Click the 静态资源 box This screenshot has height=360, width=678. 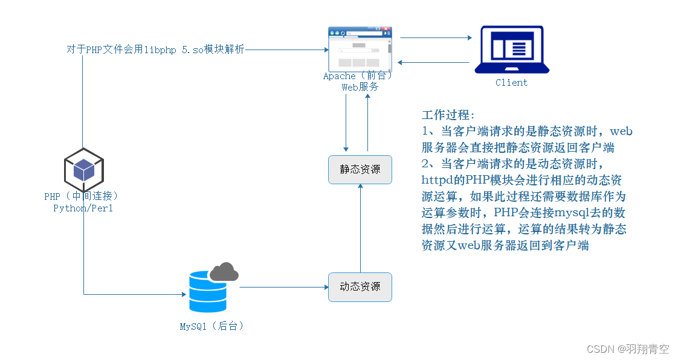[360, 170]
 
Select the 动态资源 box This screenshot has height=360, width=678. [360, 287]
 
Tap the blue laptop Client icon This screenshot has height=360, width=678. [511, 50]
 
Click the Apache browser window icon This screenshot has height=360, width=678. [360, 49]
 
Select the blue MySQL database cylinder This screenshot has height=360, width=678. [207, 292]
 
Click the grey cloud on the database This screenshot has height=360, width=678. [224, 272]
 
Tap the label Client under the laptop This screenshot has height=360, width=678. [511, 83]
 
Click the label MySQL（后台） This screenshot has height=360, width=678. [211, 326]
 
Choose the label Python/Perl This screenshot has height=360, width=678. [83, 208]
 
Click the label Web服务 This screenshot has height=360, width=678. [360, 87]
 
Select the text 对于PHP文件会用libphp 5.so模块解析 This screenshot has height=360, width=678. [156, 50]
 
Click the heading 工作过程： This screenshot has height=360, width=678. [448, 115]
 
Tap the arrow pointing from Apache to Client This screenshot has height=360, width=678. [435, 37]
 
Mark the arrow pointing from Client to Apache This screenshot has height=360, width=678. [435, 62]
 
